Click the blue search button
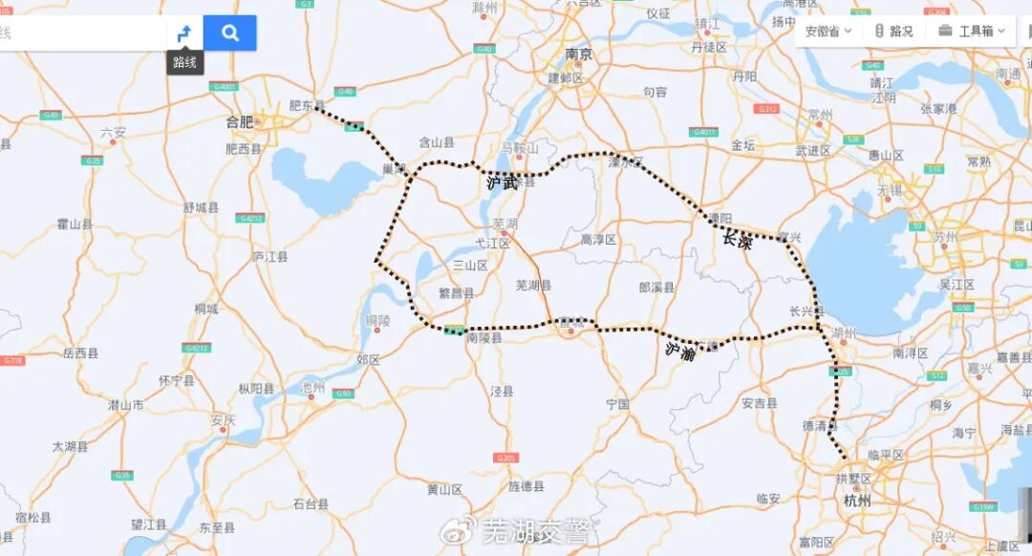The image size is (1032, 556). [229, 32]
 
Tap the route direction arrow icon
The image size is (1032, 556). [184, 32]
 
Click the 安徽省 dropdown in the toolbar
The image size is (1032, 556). [827, 32]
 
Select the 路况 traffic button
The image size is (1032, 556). [893, 32]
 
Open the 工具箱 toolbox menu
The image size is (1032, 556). [971, 32]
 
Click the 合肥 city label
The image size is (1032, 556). [240, 121]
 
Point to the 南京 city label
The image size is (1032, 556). [579, 54]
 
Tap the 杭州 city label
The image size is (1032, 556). [857, 500]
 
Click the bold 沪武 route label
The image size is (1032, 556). [503, 182]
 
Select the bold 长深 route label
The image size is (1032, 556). [737, 241]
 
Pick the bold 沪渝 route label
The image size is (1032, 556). [679, 351]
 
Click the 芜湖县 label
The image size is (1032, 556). [533, 286]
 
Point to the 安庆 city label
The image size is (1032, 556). [224, 420]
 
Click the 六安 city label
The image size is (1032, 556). [113, 132]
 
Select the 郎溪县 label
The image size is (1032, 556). [656, 287]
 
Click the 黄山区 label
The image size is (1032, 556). [444, 490]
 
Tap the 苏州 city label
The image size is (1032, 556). [947, 235]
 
